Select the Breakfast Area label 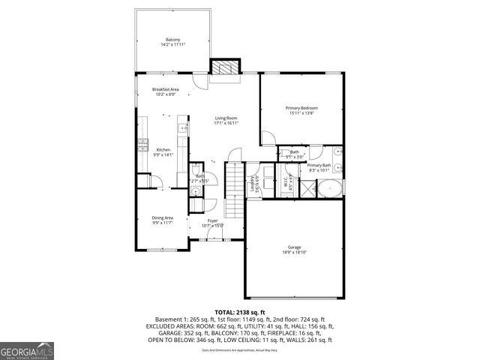coord(166,89)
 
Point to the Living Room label coord(226,118)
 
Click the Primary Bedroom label coord(302,108)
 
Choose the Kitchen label coord(163,150)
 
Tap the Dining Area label coord(163,217)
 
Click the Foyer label coord(213,221)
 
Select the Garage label coord(294,247)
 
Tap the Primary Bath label coord(319,165)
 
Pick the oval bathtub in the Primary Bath coord(328,187)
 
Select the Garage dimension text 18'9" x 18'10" coord(294,252)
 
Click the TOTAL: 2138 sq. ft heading coord(239,311)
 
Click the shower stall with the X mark coord(307,187)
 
